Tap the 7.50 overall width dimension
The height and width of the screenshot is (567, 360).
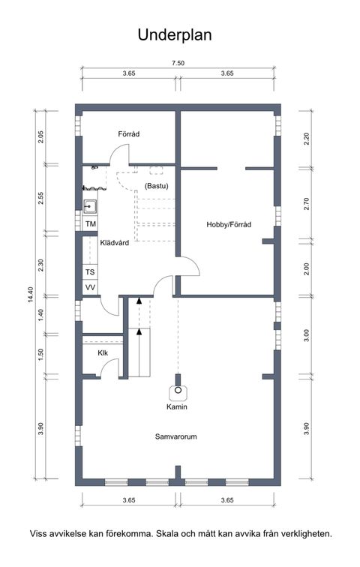point(178,63)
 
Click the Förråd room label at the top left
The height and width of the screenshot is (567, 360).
point(129,134)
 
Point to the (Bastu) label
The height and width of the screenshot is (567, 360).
point(156,185)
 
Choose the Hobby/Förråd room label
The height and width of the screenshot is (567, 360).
point(229,224)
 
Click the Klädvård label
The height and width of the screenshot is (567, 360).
point(115,242)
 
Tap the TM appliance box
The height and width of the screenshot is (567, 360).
point(91,224)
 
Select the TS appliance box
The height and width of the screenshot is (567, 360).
point(90,272)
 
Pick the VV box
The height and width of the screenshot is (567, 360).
point(90,288)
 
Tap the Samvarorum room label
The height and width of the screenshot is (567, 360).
point(176,436)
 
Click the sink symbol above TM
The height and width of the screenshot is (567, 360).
point(91,205)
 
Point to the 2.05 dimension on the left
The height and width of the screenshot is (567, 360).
point(41,137)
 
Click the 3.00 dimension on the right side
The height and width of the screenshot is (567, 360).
point(306,334)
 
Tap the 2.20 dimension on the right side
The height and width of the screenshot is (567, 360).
point(306,138)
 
